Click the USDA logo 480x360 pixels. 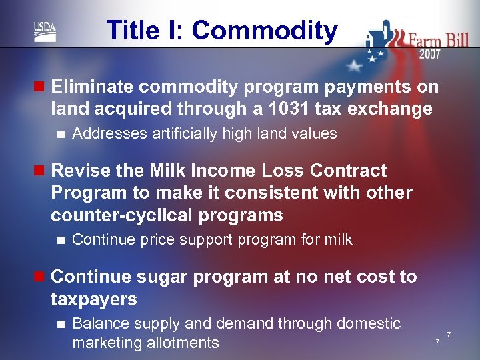[45, 31]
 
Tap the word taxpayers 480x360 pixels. [94, 299]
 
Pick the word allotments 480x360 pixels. [179, 343]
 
